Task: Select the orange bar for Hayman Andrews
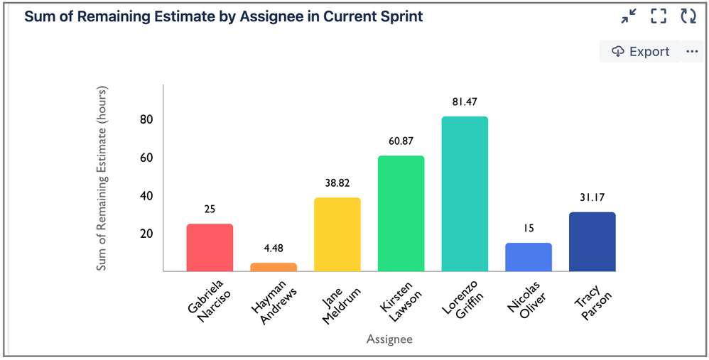[x=274, y=267]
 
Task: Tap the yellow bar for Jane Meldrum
[x=337, y=234]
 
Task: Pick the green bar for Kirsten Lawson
[x=401, y=213]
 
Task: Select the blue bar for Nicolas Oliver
[x=528, y=257]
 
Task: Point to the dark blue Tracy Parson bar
[x=592, y=241]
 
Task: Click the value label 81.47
[x=465, y=102]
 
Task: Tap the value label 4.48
[x=274, y=249]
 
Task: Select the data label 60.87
[x=401, y=141]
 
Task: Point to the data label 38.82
[x=337, y=183]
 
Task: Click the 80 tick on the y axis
[x=146, y=119]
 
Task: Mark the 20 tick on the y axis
[x=146, y=234]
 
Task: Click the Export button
[x=641, y=52]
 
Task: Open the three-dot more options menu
[x=692, y=52]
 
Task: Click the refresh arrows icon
[x=688, y=16]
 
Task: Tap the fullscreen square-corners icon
[x=659, y=16]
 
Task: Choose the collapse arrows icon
[x=629, y=16]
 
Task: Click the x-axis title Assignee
[x=389, y=339]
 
